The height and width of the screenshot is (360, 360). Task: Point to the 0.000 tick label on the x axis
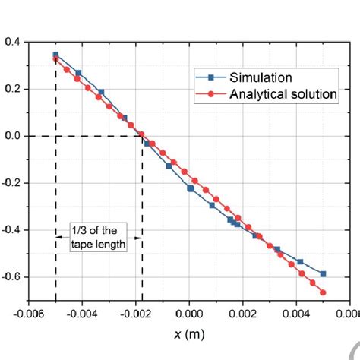pyautogui.click(x=191, y=312)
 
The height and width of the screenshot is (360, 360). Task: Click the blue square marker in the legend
pyautogui.click(x=211, y=77)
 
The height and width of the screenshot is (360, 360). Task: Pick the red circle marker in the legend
pyautogui.click(x=211, y=94)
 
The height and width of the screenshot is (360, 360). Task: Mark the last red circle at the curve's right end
pyautogui.click(x=323, y=292)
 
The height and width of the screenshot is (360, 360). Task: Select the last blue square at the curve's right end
pyautogui.click(x=323, y=273)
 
